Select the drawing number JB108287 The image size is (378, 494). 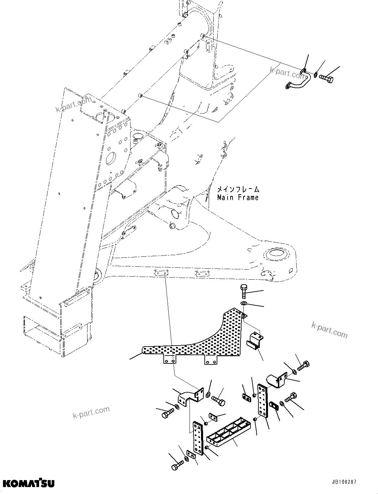tap(343, 482)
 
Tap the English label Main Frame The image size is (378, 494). tap(238, 198)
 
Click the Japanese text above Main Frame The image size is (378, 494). tap(238, 190)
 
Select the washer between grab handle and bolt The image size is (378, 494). tap(316, 75)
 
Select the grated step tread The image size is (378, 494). tap(226, 432)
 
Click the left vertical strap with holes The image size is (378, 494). tap(198, 439)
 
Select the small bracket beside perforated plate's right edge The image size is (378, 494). tap(255, 341)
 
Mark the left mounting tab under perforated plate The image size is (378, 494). tap(169, 359)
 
